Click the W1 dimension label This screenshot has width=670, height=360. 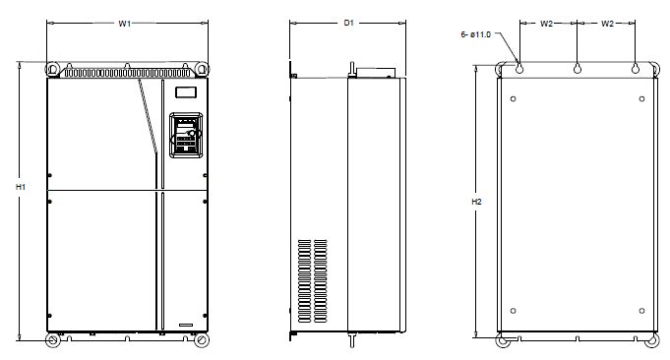[x=124, y=24]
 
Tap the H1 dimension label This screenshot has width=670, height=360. [x=21, y=187]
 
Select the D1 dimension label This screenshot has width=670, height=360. [x=349, y=23]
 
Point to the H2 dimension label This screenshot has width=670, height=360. [x=476, y=202]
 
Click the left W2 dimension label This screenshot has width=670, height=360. [x=546, y=24]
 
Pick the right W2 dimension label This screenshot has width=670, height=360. [x=607, y=24]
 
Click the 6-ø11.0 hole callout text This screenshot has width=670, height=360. [x=475, y=34]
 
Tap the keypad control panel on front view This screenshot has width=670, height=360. [x=186, y=135]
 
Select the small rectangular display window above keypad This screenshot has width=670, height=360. [x=186, y=92]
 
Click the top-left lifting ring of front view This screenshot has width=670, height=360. [x=52, y=69]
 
